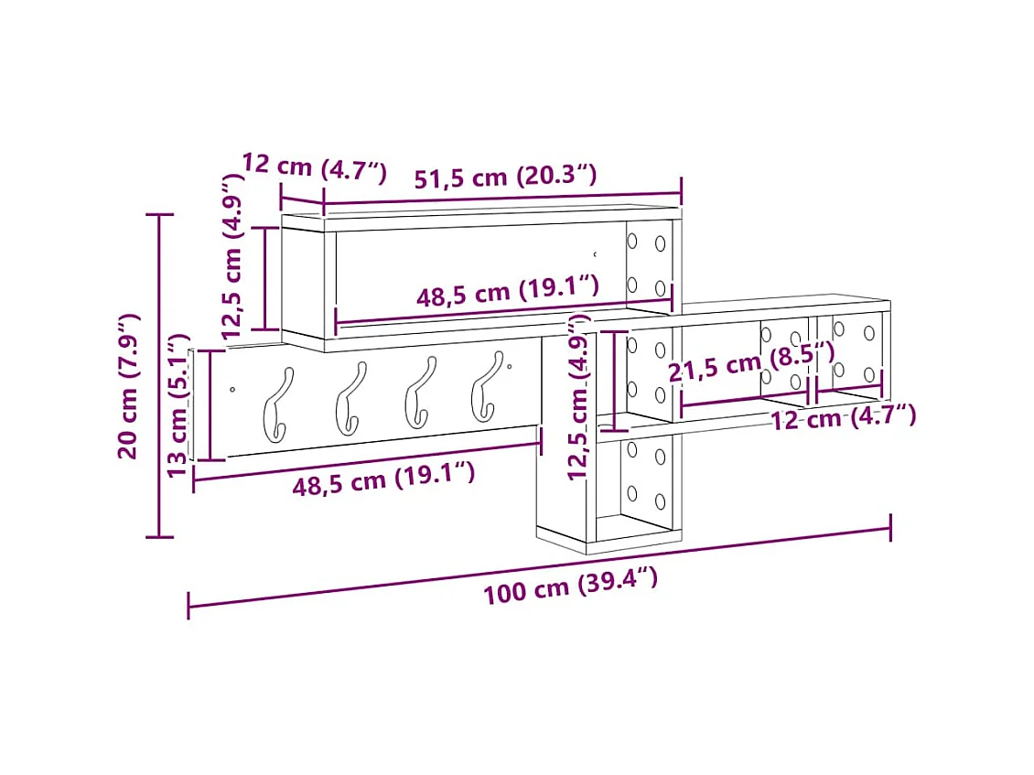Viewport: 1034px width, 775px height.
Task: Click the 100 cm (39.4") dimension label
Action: pyautogui.click(x=570, y=586)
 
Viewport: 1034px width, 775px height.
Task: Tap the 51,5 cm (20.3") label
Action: pyautogui.click(x=505, y=176)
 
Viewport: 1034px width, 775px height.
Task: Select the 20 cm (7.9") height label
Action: pyautogui.click(x=128, y=385)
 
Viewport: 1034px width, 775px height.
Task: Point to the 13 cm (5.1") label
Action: pyautogui.click(x=178, y=405)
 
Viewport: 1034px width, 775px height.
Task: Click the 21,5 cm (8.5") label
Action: pyautogui.click(x=750, y=364)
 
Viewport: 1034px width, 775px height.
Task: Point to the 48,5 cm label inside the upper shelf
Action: pyautogui.click(x=508, y=293)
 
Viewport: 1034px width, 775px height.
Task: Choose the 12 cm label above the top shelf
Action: pyautogui.click(x=314, y=167)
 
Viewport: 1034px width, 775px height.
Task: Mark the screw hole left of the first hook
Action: pyautogui.click(x=232, y=390)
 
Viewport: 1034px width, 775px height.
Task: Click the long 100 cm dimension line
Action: pyautogui.click(x=540, y=565)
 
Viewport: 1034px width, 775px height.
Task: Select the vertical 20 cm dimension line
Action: pyautogui.click(x=160, y=375)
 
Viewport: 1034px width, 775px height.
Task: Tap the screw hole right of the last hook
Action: pyautogui.click(x=509, y=368)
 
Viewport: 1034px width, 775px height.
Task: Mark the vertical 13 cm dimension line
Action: pyautogui.click(x=210, y=405)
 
